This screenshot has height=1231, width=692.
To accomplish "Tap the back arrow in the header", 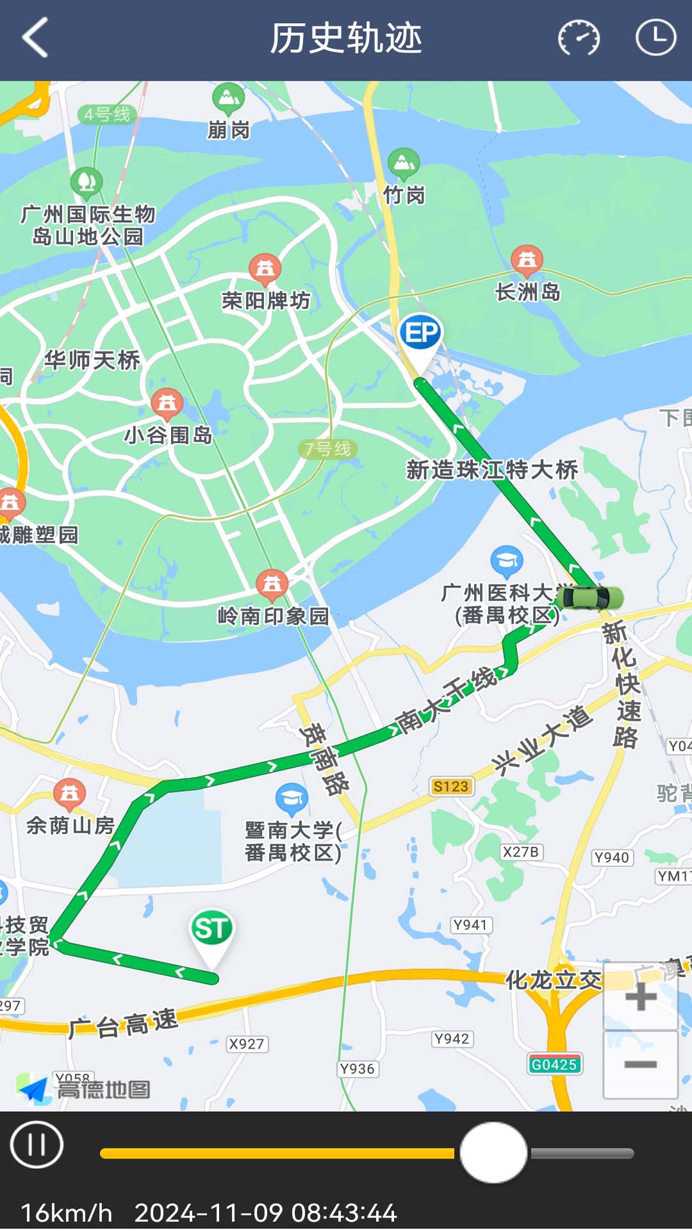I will (36, 38).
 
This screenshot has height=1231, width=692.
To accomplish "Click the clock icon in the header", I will (655, 38).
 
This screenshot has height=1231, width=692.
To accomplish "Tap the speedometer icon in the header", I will (579, 38).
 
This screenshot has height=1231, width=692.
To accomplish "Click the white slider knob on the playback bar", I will (493, 1153).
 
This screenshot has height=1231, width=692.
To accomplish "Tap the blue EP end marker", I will (420, 333).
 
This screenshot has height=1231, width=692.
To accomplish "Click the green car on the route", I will (589, 598).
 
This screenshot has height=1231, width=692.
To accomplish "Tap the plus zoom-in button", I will (640, 996).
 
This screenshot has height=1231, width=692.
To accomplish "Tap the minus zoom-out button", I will (640, 1064).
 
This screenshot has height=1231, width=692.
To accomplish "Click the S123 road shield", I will (450, 786).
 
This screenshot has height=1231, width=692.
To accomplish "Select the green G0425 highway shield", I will (554, 1064).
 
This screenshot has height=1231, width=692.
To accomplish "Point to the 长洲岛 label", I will (528, 292).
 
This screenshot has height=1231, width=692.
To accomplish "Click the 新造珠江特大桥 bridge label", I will (492, 470).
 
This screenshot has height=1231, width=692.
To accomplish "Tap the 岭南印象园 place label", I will (273, 616).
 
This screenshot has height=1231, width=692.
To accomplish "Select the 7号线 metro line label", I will (327, 449).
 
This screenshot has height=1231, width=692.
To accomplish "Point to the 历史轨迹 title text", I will (345, 38).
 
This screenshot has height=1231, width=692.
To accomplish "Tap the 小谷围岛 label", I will (168, 435).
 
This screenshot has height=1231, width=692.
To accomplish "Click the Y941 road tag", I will (470, 925).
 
